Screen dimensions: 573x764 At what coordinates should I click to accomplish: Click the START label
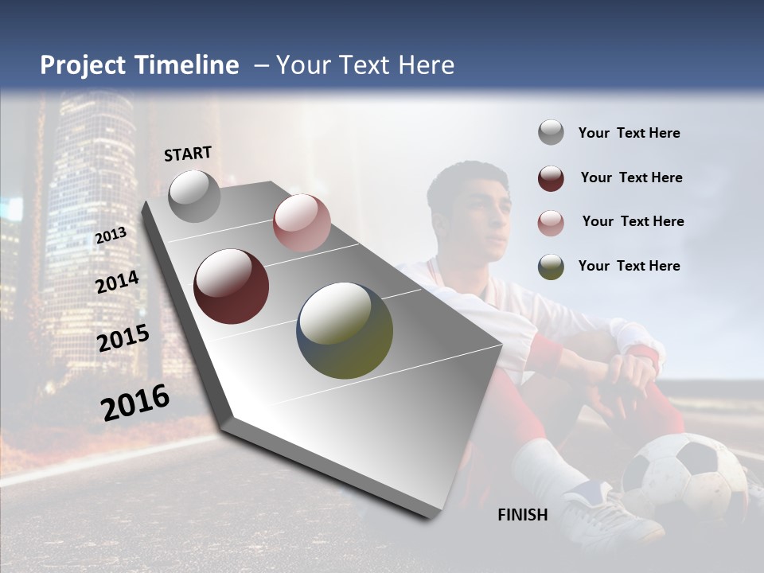188,154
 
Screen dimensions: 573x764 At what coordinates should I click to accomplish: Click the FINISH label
523,515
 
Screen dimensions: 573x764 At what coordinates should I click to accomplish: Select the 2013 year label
111,235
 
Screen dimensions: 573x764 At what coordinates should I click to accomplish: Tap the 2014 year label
117,282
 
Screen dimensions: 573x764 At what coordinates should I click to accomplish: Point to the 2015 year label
123,338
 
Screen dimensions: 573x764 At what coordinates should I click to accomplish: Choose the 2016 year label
135,403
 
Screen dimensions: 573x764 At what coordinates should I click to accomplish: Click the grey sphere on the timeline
195,196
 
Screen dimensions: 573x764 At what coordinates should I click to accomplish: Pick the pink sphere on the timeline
301,223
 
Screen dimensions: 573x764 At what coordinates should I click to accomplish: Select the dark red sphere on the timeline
232,286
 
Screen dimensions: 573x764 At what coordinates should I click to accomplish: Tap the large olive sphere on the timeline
345,330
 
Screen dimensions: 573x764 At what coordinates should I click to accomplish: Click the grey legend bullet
551,133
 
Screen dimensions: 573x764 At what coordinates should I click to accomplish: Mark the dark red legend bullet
551,177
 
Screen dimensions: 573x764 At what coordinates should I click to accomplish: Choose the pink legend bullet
551,222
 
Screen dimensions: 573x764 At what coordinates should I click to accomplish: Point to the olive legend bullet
551,266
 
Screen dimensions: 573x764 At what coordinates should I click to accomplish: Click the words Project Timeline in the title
139,65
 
